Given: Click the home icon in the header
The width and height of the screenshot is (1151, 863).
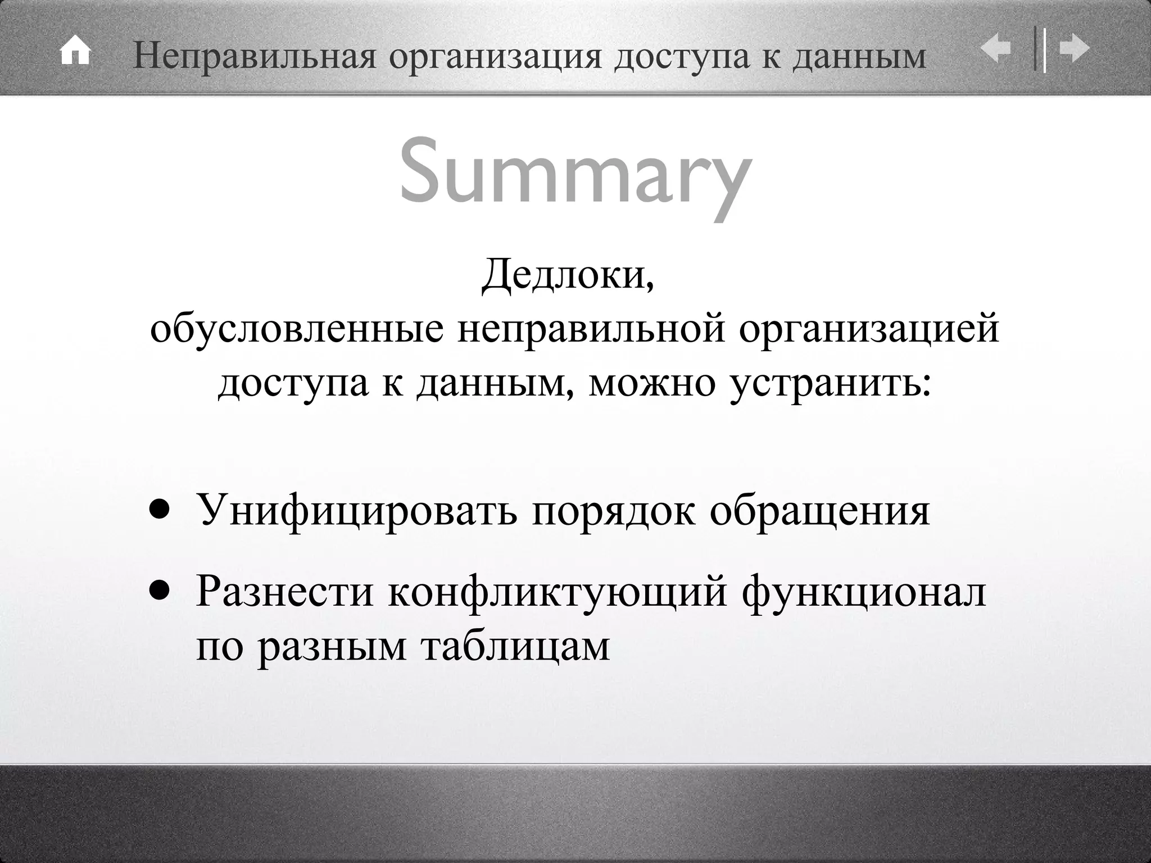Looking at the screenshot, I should coord(75,52).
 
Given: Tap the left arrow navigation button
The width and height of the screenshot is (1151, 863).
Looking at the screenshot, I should coord(996,49).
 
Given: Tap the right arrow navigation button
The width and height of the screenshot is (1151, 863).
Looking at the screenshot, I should coord(1075,49).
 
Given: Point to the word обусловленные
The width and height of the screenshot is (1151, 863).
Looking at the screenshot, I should coord(296,330).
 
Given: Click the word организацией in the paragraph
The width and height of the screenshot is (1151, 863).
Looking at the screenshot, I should coord(869,330).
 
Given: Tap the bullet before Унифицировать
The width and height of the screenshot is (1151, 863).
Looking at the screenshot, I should coord(159,510).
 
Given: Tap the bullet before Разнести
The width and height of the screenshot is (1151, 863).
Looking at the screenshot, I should coord(159,591).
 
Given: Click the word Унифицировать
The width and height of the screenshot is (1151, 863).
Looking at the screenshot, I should coord(356,510).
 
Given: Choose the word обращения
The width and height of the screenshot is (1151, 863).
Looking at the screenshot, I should coord(819,510).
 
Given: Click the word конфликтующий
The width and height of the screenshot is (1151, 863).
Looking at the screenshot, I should coord(558,592).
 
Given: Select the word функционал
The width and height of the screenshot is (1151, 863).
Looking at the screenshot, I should coord(863,592).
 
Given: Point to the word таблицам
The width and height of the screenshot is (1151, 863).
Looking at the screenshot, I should coord(515,646).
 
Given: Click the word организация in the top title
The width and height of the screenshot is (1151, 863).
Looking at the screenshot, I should coord(495,56).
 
